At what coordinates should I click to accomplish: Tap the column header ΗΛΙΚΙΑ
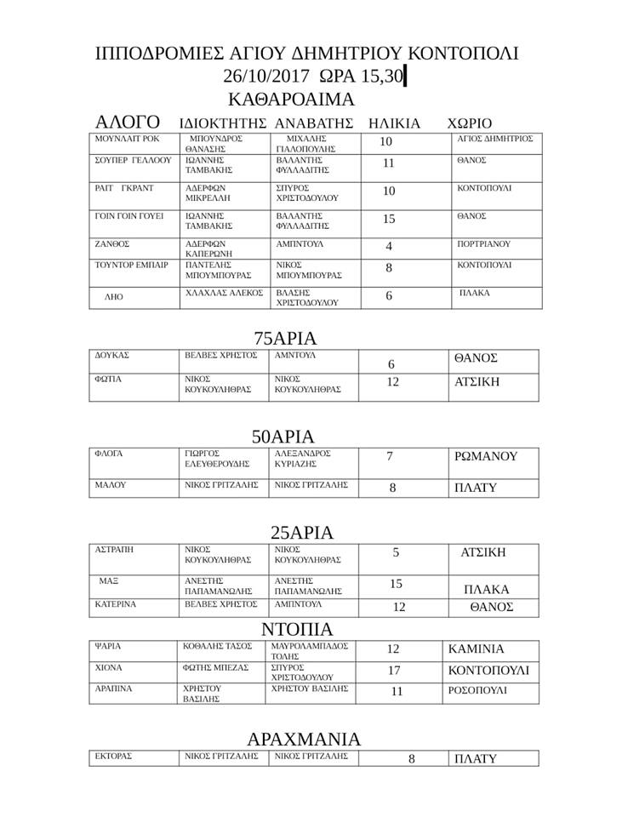[394, 123]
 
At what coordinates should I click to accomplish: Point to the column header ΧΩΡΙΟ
[470, 123]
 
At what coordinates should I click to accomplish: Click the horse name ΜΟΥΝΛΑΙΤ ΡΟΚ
[126, 138]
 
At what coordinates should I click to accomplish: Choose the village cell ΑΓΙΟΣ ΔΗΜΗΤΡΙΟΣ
[495, 138]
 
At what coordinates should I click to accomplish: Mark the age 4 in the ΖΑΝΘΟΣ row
[389, 247]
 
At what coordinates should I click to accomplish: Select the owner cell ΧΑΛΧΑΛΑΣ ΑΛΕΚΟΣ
[223, 293]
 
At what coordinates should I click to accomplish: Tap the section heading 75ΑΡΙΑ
[285, 338]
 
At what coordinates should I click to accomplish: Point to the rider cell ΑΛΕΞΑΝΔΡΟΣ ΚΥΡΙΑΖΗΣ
[302, 459]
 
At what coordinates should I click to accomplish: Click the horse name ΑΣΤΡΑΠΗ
[115, 550]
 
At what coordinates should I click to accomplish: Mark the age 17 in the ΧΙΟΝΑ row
[393, 671]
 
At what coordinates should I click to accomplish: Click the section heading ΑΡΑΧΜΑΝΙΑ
[304, 739]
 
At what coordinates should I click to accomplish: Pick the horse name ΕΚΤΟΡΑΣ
[114, 756]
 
